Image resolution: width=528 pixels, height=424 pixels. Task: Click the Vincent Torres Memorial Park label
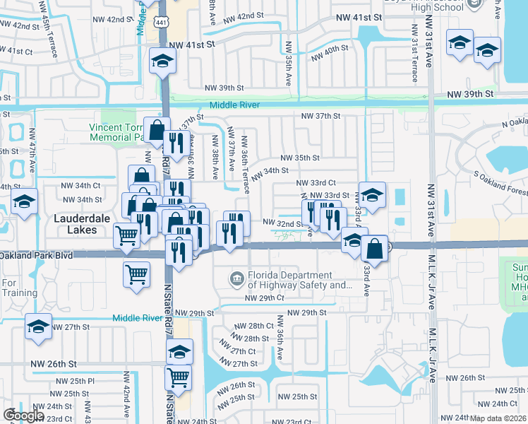point(117,133)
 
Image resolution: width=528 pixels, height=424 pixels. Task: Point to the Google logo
point(23,415)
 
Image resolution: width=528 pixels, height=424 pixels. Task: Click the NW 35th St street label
point(300,158)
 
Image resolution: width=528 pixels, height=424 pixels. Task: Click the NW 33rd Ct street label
point(325,182)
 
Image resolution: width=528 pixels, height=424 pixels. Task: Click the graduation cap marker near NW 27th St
point(38,327)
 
